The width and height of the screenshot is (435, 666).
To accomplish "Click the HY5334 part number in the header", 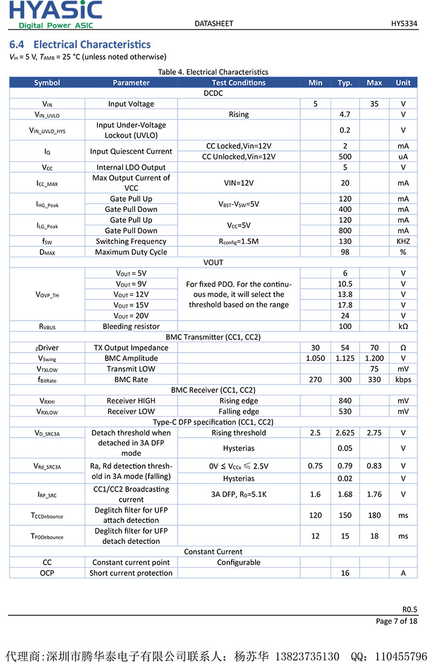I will point(404,24).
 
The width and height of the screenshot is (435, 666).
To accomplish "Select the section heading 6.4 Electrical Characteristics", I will point(80,45).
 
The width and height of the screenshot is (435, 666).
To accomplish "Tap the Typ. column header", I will point(345,83).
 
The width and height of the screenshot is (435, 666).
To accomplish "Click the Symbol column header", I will point(47,83).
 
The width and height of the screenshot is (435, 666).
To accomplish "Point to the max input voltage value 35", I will point(374,104).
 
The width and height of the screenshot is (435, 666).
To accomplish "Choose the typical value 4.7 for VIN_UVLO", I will point(345,114).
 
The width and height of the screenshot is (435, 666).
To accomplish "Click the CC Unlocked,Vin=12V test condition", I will point(239,156).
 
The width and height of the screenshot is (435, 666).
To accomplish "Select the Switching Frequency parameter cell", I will point(131,242).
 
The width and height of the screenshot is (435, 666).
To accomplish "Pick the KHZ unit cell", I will point(403,242).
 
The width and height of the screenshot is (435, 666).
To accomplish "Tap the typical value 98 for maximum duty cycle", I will point(345,252).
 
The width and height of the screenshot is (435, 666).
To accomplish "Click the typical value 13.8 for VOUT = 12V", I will point(345,294).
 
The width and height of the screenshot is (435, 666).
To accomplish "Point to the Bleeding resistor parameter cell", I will point(131,326).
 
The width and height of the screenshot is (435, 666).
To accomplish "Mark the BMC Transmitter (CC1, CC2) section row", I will point(213,337).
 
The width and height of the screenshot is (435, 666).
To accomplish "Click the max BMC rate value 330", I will point(374,379).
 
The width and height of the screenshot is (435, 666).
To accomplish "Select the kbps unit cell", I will point(403,379).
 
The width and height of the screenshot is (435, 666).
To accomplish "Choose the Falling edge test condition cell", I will point(239,411).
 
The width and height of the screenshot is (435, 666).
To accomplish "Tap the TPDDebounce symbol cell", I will point(47,536).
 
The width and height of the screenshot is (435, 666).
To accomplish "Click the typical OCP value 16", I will point(345,573).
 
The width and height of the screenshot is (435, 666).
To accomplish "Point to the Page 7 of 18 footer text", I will point(396,621).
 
